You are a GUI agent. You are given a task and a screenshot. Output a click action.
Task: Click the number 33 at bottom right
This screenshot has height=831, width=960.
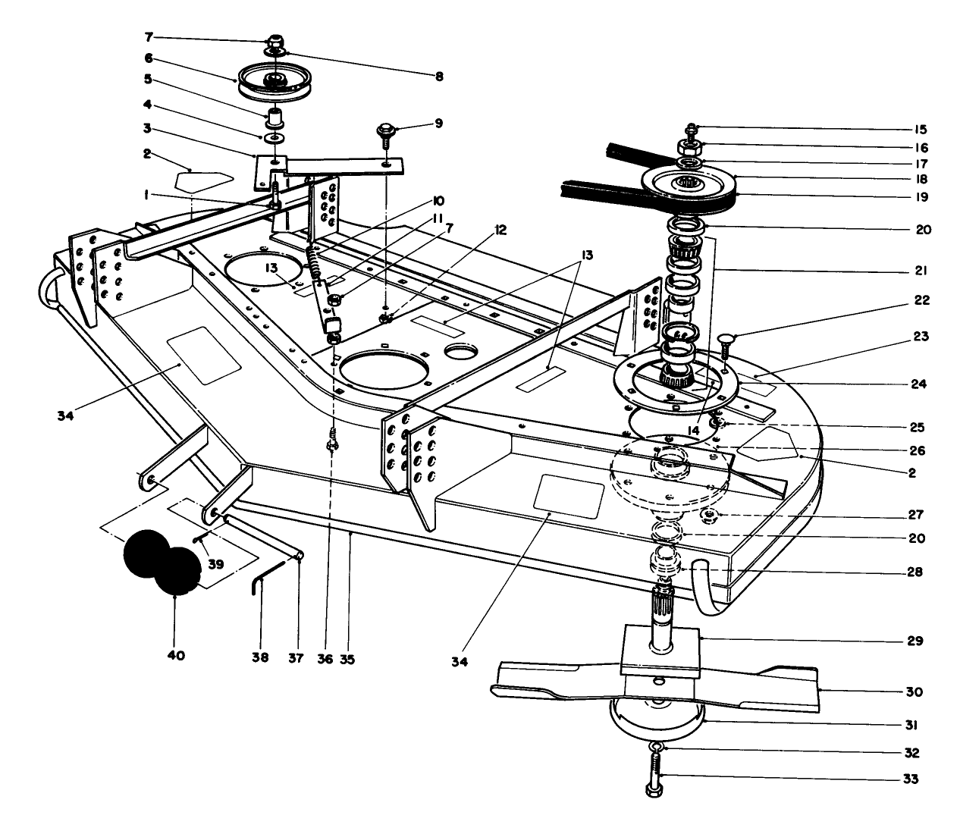coord(910,779)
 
